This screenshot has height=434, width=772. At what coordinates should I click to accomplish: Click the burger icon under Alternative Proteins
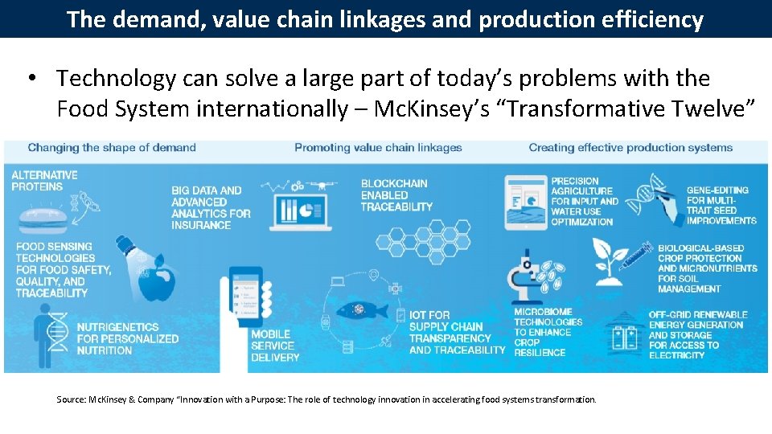[x=41, y=217]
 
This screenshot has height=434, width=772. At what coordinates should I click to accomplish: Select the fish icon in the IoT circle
[x=355, y=310]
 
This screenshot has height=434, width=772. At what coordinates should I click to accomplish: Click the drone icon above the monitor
[x=322, y=184]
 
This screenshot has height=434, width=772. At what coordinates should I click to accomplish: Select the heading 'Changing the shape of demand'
[x=112, y=148]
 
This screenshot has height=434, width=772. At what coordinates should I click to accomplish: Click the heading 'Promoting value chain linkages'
[x=378, y=148]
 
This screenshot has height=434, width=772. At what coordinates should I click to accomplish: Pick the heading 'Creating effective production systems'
[x=630, y=148]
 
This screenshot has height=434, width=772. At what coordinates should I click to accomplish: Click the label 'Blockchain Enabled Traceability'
[x=396, y=195]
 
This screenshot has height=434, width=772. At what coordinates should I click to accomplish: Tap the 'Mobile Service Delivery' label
[x=275, y=346]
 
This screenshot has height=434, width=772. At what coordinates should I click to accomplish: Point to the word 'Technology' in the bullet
[x=116, y=79]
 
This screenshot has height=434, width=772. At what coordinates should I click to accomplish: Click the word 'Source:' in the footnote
[x=70, y=399]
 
